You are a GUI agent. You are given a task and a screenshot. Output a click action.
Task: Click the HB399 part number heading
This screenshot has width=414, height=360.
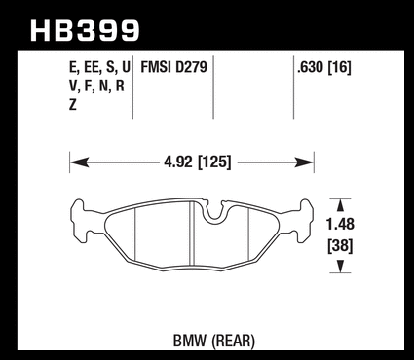(x=85, y=31)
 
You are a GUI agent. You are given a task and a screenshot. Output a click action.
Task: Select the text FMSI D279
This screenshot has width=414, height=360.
(x=173, y=67)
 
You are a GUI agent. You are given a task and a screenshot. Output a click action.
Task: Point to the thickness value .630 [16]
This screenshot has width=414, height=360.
(x=324, y=68)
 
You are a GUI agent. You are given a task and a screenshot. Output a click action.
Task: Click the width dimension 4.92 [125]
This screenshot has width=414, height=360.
(x=198, y=162)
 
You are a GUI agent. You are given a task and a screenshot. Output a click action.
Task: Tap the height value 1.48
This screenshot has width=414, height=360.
(x=340, y=224)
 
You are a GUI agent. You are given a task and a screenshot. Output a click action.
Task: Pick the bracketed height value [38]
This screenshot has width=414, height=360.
(x=340, y=246)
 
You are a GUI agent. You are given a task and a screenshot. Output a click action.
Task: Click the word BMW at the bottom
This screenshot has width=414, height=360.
(x=190, y=341)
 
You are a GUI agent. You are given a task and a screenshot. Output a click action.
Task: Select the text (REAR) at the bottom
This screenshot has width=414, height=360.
(x=233, y=342)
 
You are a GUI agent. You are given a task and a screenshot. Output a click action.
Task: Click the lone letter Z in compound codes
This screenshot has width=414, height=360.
(x=73, y=105)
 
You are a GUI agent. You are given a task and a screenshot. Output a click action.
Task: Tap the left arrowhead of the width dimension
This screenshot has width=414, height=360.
(x=79, y=162)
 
